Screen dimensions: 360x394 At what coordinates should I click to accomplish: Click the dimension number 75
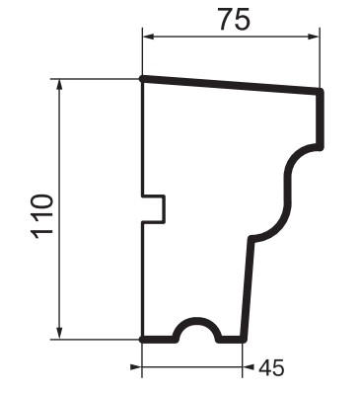click(x=234, y=19)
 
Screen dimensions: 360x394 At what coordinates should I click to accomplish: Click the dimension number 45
click(x=271, y=367)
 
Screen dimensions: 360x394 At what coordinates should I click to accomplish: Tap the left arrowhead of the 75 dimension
click(x=148, y=37)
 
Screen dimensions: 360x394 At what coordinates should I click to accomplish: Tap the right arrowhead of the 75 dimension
click(x=314, y=37)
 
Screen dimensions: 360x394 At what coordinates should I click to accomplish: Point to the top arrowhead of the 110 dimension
click(x=59, y=85)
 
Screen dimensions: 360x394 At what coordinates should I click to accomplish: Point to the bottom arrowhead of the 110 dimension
click(x=59, y=333)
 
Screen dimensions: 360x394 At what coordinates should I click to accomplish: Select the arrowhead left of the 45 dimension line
click(x=136, y=366)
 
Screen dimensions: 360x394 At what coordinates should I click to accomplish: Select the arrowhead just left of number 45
click(x=249, y=366)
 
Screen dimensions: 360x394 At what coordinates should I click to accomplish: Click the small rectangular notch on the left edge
click(x=154, y=209)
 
